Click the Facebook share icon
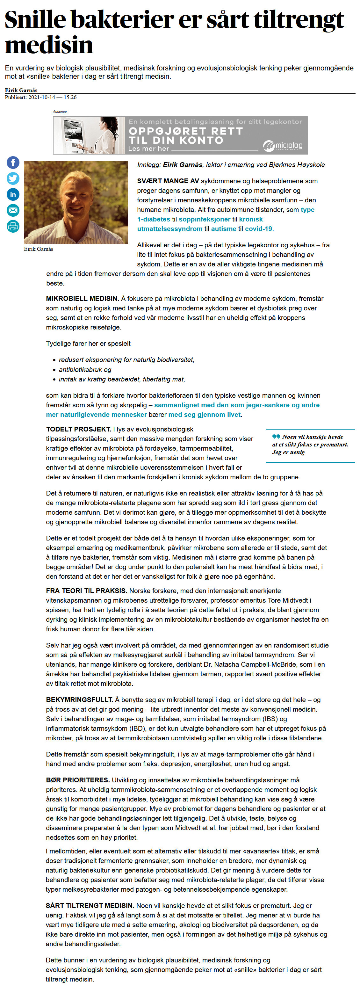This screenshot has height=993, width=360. pyautogui.click(x=13, y=163)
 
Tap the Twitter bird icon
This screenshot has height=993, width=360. pyautogui.click(x=13, y=178)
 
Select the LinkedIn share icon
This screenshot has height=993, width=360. pyautogui.click(x=13, y=194)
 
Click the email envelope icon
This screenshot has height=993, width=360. pyautogui.click(x=13, y=210)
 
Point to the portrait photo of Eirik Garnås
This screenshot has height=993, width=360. pyautogui.click(x=76, y=202)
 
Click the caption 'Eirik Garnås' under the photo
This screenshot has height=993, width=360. pyautogui.click(x=39, y=249)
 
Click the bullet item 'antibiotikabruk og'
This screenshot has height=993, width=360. pyautogui.click(x=85, y=370)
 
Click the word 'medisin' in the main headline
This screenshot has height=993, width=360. pyautogui.click(x=49, y=45)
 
